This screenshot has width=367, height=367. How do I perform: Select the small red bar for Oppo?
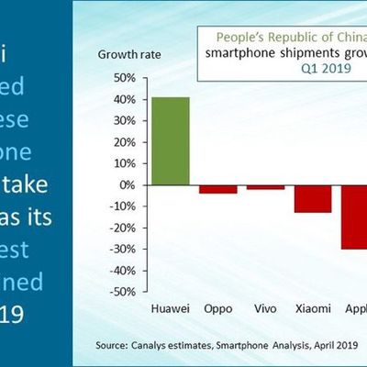pyautogui.click(x=217, y=189)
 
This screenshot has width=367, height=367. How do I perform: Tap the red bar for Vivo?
pyautogui.click(x=266, y=187)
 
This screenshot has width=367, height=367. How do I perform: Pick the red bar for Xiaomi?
pyautogui.click(x=313, y=198)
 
